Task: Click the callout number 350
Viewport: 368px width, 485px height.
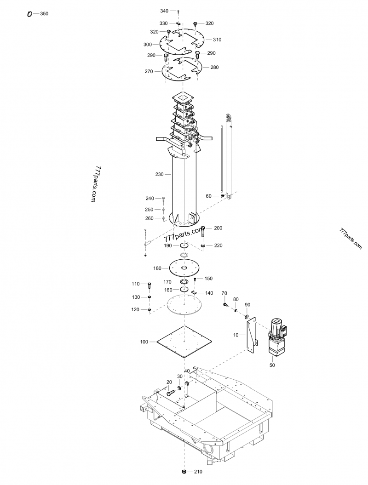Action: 44,14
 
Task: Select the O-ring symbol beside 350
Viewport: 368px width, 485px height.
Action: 30,14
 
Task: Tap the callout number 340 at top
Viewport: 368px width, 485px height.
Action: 164,11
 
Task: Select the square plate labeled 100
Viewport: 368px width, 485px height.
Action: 184,342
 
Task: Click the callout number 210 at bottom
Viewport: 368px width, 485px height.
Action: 198,472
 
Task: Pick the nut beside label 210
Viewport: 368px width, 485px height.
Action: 184,471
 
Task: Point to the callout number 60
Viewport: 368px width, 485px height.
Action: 208,196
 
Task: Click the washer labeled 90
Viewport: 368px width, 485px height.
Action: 247,317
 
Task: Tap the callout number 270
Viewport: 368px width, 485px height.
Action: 149,71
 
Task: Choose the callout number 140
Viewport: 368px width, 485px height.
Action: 209,293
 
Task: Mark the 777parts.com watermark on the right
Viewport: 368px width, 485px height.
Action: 351,238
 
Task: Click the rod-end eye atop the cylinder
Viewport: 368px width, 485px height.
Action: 228,117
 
